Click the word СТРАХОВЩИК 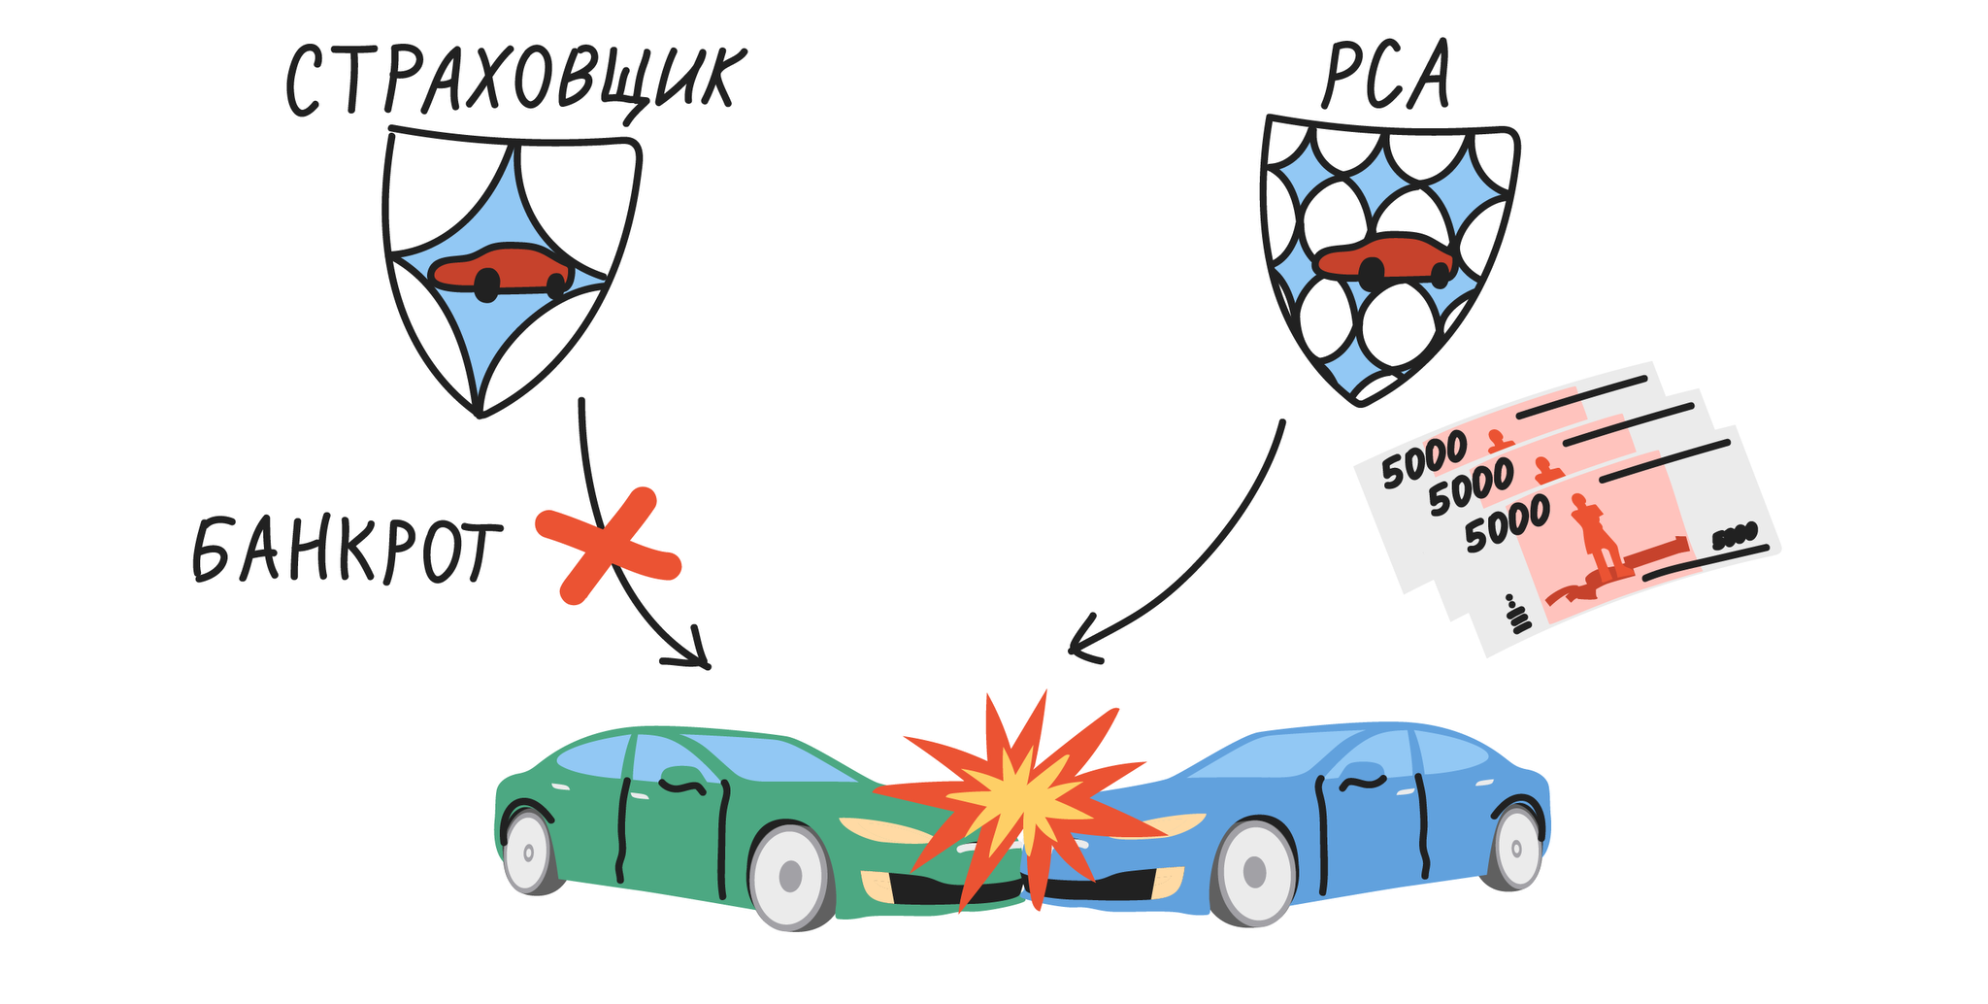pyautogui.click(x=512, y=82)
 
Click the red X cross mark pyautogui.click(x=608, y=546)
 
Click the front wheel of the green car pyautogui.click(x=791, y=877)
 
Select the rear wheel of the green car pyautogui.click(x=529, y=853)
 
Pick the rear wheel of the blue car pyautogui.click(x=1514, y=847)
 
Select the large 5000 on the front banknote pyautogui.click(x=1507, y=525)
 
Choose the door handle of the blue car pyautogui.click(x=1364, y=782)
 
